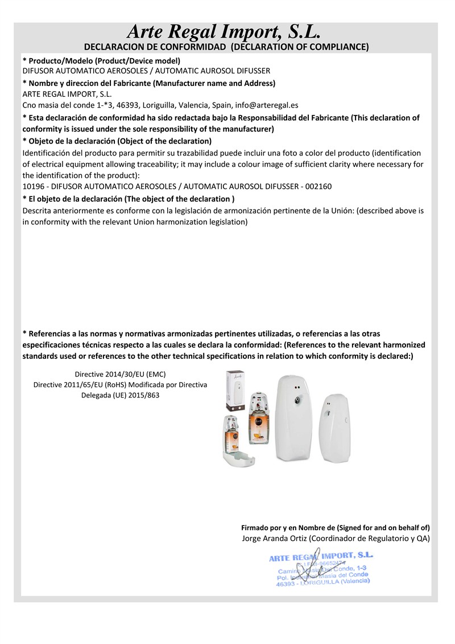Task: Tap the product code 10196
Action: [x=33, y=186]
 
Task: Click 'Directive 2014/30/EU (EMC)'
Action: [x=120, y=374]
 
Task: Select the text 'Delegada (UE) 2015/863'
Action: [x=120, y=395]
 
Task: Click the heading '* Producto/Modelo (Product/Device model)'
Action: [x=101, y=61]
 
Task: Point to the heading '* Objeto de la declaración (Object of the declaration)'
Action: [x=117, y=141]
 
